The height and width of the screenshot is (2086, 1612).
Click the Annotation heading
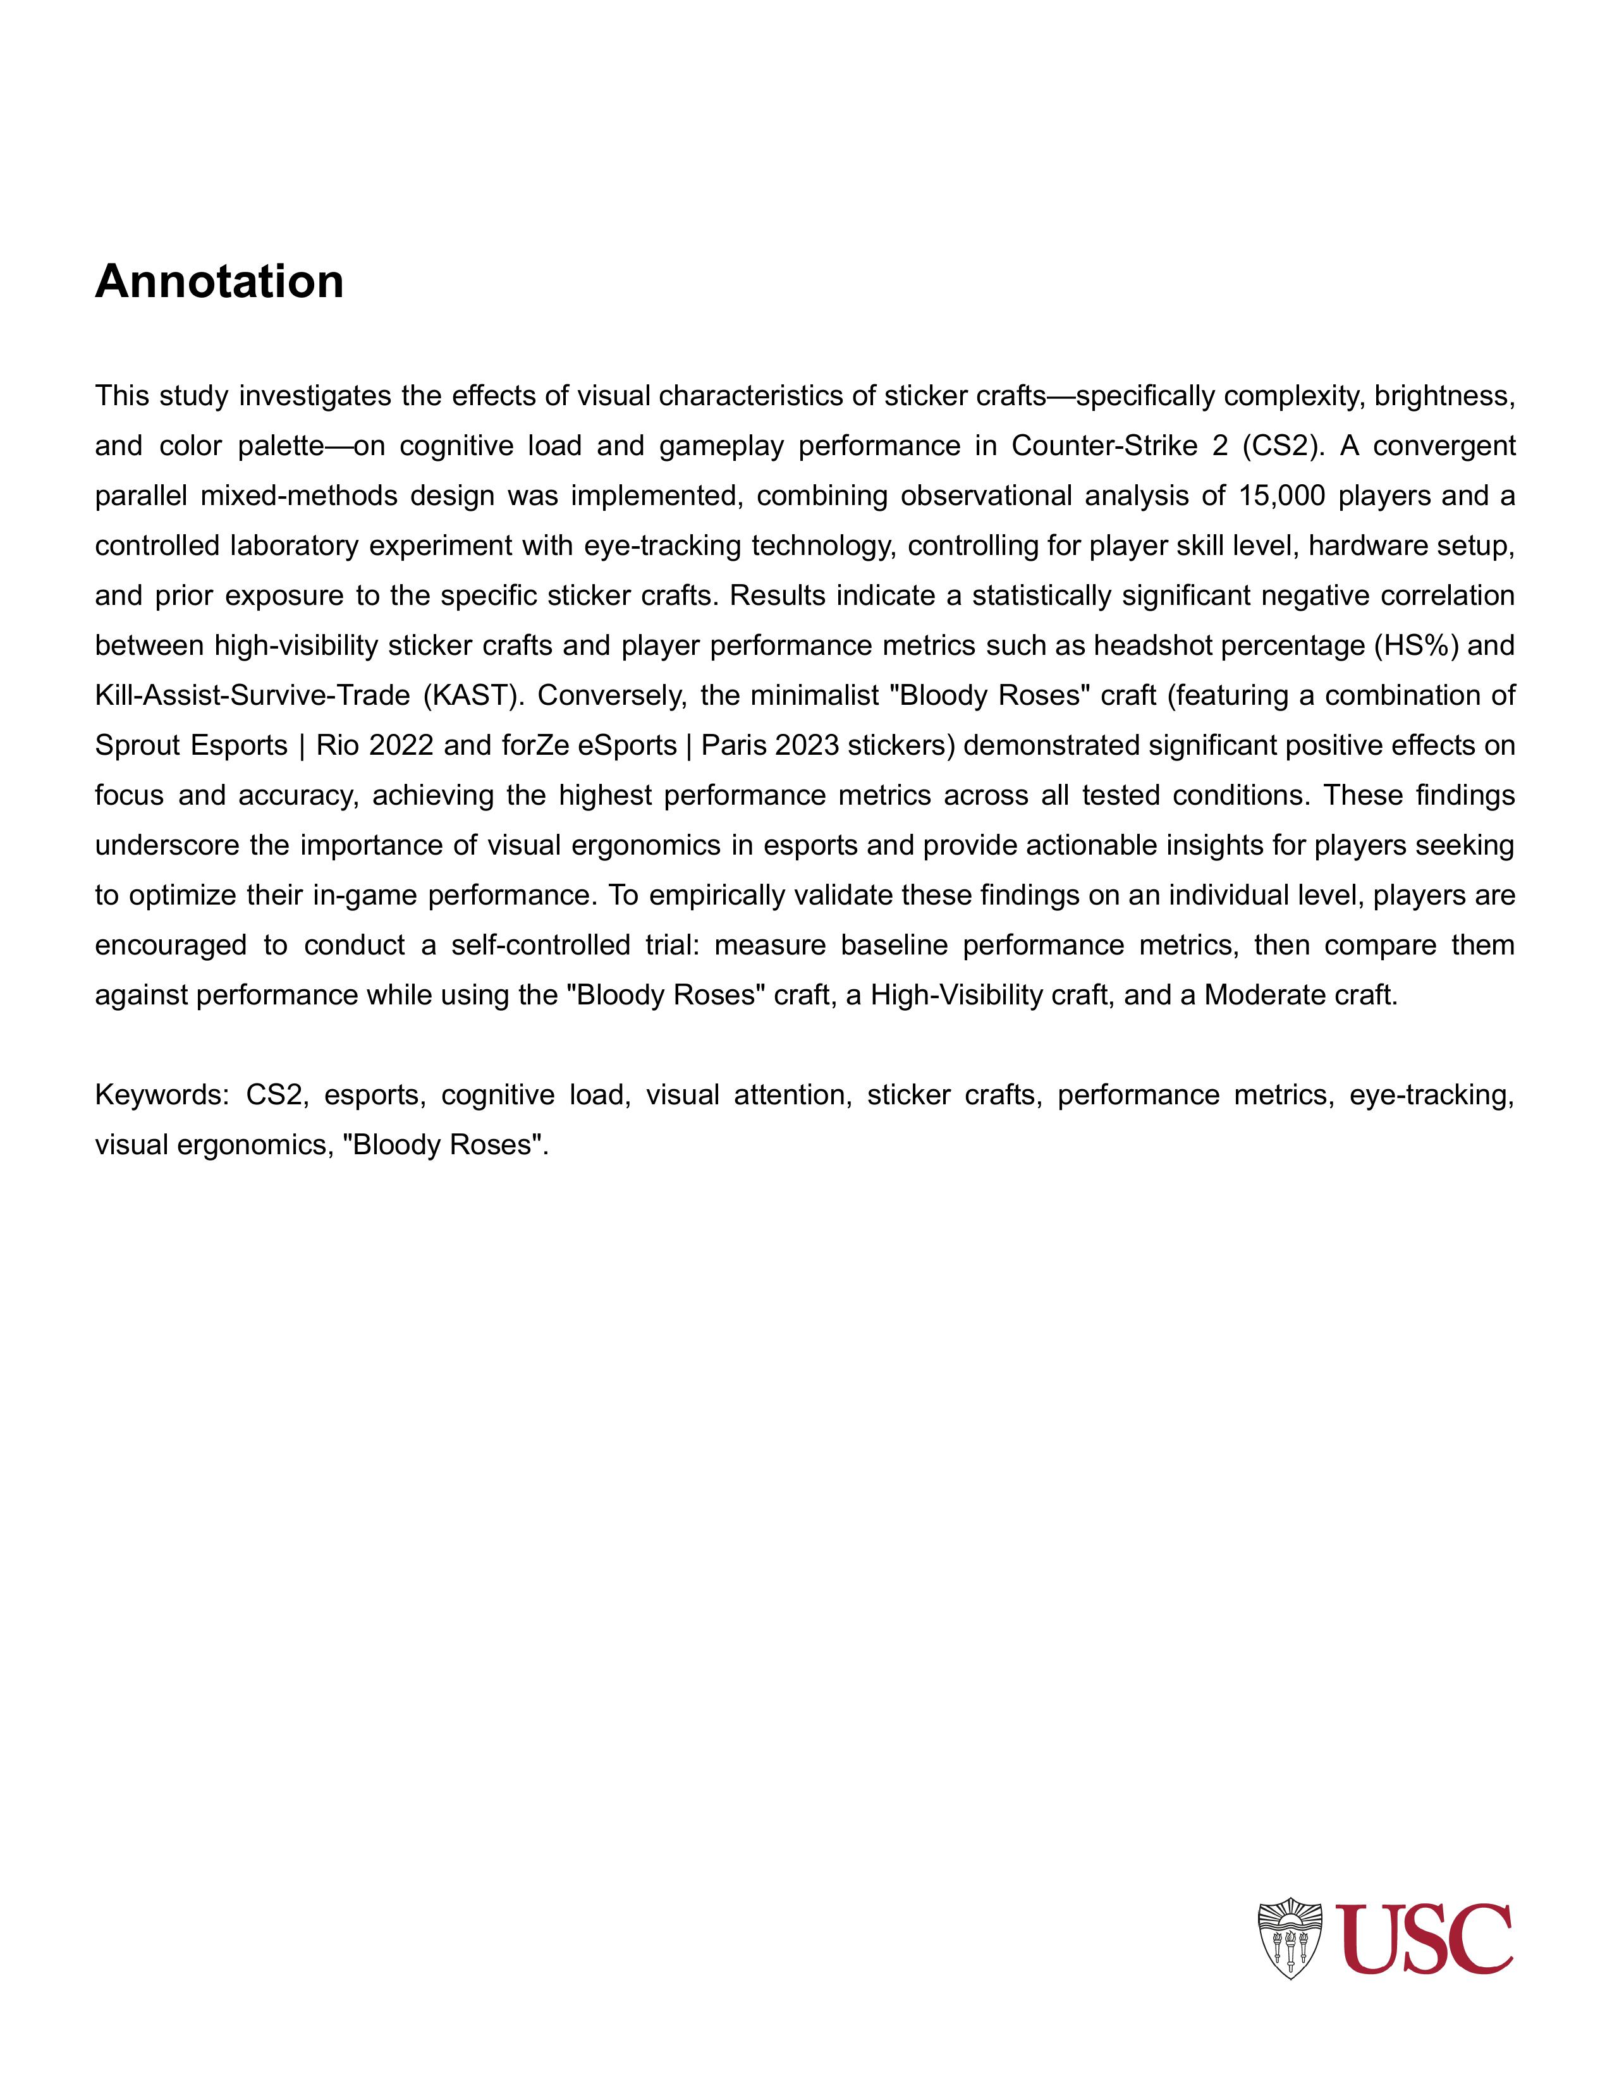click(219, 282)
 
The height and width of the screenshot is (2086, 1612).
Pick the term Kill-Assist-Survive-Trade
click(250, 695)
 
